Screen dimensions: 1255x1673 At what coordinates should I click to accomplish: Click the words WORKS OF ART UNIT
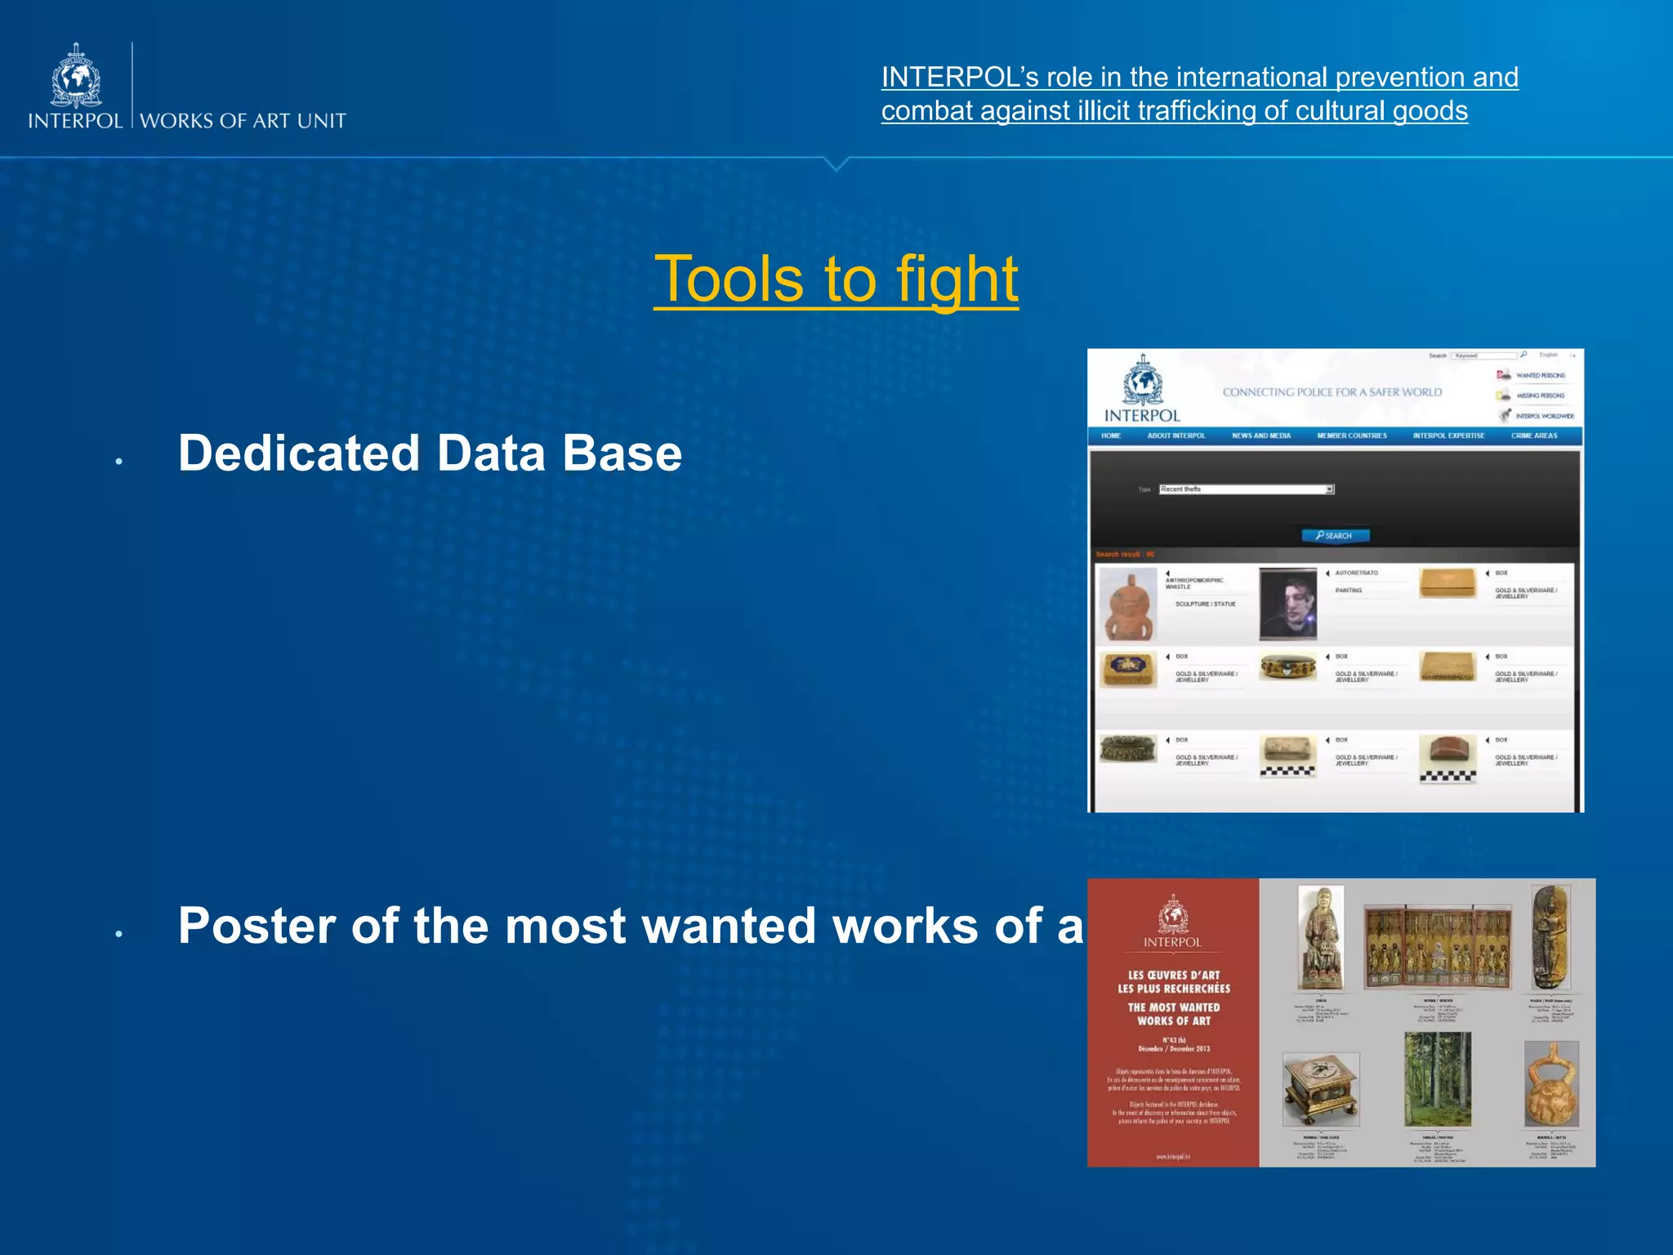click(x=243, y=121)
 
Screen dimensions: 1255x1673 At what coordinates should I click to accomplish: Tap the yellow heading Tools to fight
click(x=836, y=279)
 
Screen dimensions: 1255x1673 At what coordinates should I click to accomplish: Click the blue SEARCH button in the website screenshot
click(x=1335, y=536)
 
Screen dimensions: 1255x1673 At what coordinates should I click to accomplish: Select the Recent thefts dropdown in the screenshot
click(x=1246, y=489)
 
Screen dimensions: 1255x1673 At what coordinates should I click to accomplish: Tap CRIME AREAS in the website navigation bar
click(x=1533, y=436)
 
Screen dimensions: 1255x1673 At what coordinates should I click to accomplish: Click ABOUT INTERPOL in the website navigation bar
click(x=1176, y=436)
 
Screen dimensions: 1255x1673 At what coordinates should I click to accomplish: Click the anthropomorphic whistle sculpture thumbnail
click(x=1128, y=605)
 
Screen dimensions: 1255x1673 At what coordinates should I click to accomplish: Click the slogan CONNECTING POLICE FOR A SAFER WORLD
click(x=1332, y=392)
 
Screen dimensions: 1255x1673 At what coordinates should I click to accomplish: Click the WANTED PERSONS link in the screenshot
click(x=1540, y=376)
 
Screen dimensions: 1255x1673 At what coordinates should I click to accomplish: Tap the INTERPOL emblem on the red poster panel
click(x=1172, y=914)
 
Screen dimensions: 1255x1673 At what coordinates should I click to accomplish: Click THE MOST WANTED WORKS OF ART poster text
click(x=1174, y=1015)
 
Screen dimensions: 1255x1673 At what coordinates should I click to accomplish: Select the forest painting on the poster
click(x=1437, y=1079)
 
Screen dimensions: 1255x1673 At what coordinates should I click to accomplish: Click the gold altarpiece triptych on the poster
click(x=1438, y=946)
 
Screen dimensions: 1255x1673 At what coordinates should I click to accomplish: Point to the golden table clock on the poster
click(x=1320, y=1088)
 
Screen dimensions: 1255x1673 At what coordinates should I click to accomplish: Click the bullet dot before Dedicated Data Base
click(x=119, y=462)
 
